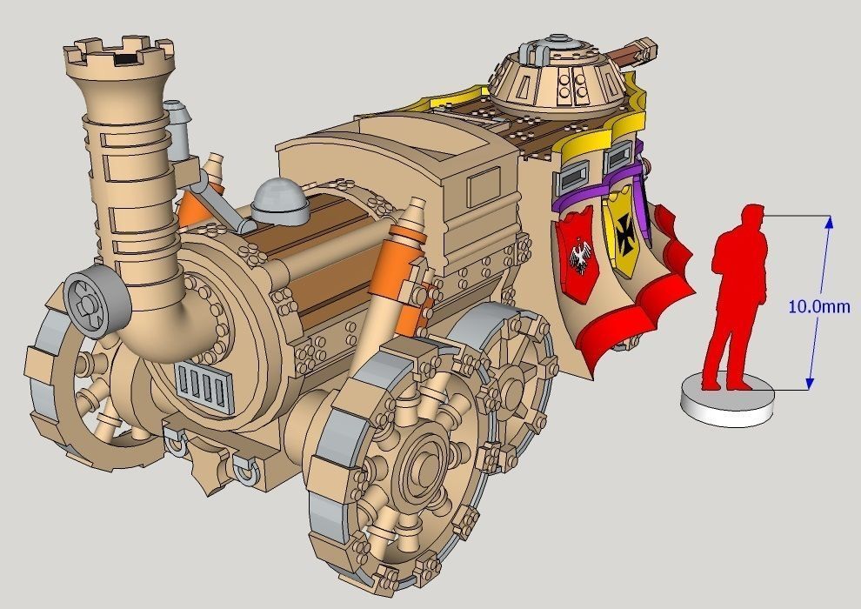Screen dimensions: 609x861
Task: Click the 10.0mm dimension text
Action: [x=818, y=306]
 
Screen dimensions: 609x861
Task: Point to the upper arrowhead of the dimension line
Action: [x=829, y=221]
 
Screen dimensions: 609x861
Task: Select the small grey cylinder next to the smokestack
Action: [x=179, y=130]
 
